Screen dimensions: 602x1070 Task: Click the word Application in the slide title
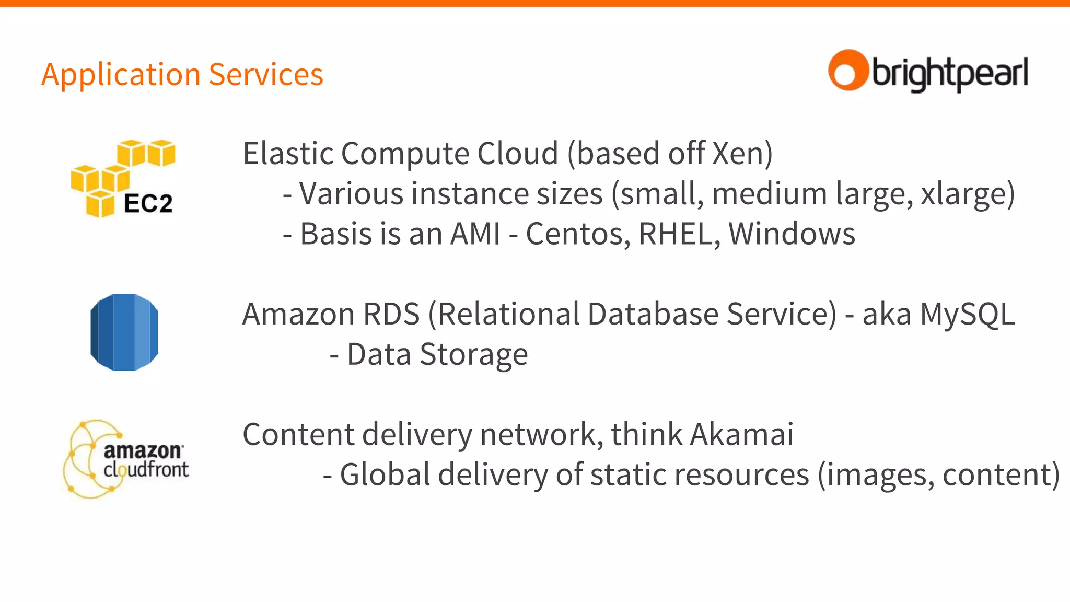pyautogui.click(x=120, y=75)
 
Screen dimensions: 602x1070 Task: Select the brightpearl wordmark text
pyautogui.click(x=949, y=73)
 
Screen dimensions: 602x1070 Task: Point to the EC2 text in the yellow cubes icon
pyautogui.click(x=148, y=204)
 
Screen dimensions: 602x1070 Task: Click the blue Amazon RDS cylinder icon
pyautogui.click(x=124, y=332)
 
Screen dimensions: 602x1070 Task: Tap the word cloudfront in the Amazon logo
pyautogui.click(x=146, y=469)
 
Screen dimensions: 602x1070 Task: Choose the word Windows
pyautogui.click(x=792, y=234)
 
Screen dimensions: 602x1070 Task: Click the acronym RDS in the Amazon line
pyautogui.click(x=391, y=314)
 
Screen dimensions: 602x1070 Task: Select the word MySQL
pyautogui.click(x=967, y=315)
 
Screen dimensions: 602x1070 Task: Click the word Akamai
pyautogui.click(x=741, y=434)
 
